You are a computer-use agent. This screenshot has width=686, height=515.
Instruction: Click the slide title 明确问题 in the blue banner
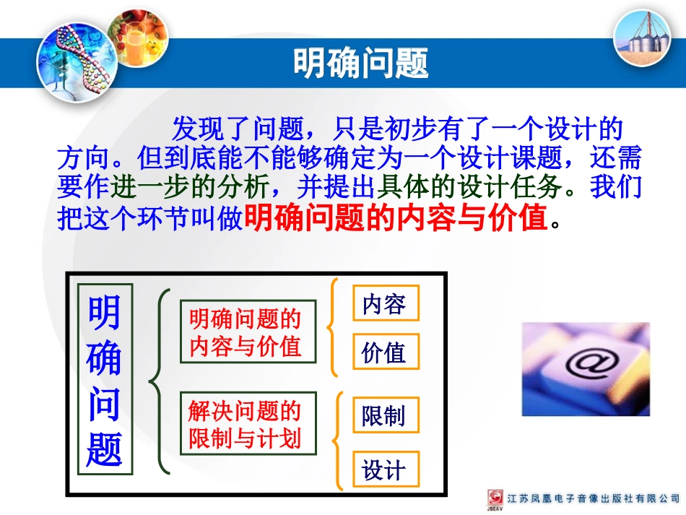coord(360,63)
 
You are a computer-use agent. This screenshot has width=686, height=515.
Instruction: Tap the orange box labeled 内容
coord(386,304)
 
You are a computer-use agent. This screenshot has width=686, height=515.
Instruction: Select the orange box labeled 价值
coord(386,352)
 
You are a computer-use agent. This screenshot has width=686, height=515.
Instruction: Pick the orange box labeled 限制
coord(386,416)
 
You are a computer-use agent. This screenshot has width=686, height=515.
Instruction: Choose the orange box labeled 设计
coord(386,471)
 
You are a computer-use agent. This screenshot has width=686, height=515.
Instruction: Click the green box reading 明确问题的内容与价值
coord(248,332)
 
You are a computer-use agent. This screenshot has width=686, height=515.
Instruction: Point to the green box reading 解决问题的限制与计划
coord(248,424)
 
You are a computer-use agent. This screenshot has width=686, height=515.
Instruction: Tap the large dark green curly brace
coord(160,381)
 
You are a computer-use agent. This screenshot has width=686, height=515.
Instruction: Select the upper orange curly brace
coord(332,327)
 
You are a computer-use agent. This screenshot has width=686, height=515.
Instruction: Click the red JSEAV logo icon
coord(495,498)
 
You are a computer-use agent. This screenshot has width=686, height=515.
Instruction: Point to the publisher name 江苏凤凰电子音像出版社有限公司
coord(594,499)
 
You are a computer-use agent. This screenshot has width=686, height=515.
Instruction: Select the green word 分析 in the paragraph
coord(238,187)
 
